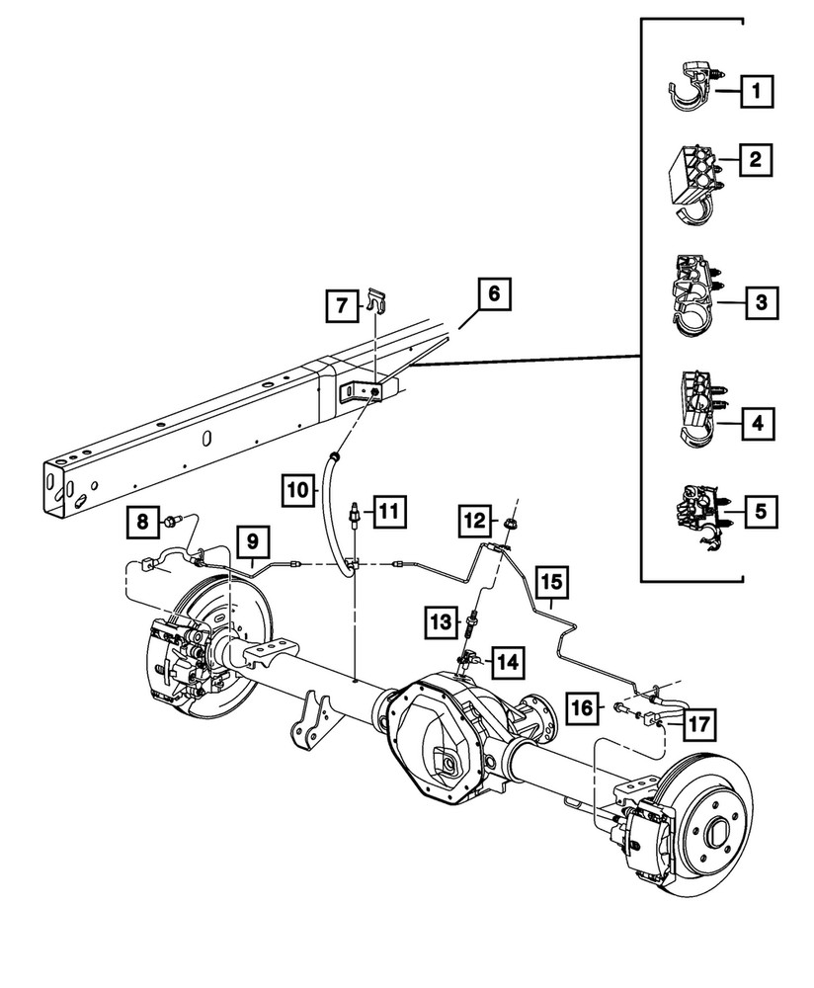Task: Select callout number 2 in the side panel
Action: (x=756, y=159)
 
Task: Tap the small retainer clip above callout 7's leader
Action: (x=374, y=295)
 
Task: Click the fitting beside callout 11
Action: (x=353, y=513)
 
